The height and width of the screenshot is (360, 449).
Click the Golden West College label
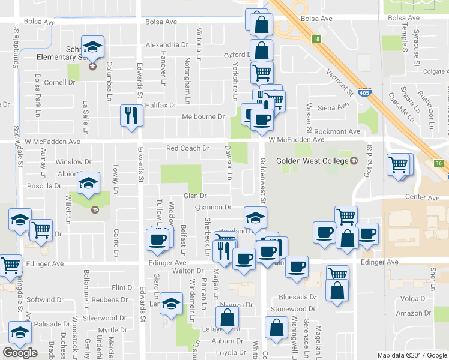[x=312, y=161]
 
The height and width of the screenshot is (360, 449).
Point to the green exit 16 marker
[x=439, y=163]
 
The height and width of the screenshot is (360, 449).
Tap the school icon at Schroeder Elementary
[x=93, y=47]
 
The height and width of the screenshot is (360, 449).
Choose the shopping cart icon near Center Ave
[x=399, y=164]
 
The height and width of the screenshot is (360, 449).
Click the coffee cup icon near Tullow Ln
[x=158, y=239]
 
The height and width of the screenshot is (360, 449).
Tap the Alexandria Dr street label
[x=167, y=45]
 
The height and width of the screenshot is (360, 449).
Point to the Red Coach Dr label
[x=187, y=148]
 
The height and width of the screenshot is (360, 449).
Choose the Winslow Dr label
[x=73, y=162]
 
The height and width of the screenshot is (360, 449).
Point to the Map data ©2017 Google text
[x=412, y=355]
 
